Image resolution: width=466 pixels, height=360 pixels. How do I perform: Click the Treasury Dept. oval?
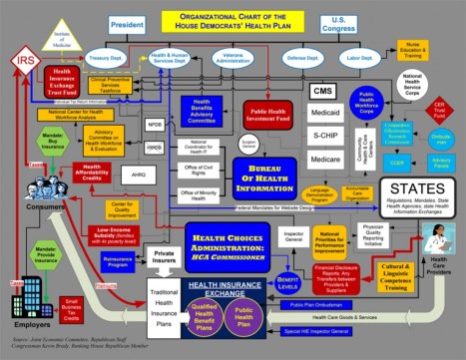102,60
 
